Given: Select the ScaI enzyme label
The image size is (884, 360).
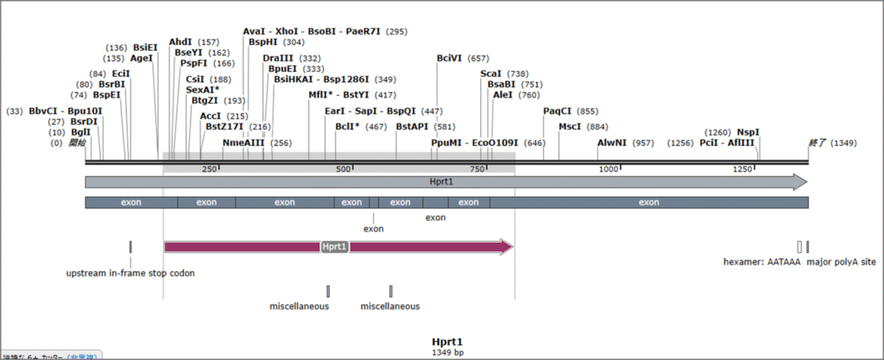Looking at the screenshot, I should point(490,74).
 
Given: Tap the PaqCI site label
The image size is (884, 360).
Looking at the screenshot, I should point(557,111).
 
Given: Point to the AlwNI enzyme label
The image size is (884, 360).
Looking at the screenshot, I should point(613,142).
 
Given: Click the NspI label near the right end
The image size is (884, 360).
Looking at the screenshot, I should point(748,132).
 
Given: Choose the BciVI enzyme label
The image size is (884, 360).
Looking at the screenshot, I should point(449,59).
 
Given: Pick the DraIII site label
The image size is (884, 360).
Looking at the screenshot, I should point(278,59).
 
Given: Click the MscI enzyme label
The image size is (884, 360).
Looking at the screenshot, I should point(570,127).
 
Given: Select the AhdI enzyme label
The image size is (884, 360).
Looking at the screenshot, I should point(180,42).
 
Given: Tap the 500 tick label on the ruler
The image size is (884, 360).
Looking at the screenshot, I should point(343,169).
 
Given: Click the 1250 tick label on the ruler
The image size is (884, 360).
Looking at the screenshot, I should point(742,169).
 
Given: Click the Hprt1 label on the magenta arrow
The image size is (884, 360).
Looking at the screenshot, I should point(334,247).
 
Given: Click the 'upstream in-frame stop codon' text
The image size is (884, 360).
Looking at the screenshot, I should point(130,273).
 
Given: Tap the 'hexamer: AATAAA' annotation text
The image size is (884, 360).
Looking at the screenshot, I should point(762,262).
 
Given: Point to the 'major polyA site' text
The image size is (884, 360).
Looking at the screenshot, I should point(841,262).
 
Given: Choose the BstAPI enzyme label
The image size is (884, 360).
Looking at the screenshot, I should point(412,127).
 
